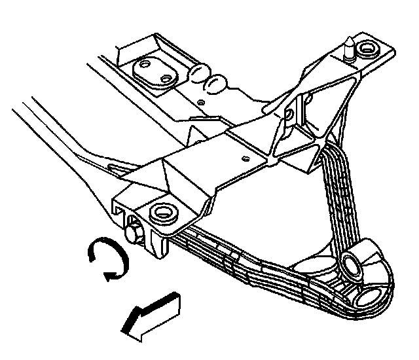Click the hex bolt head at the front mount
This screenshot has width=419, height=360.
click(x=134, y=232)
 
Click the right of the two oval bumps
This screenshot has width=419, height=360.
click(x=216, y=82)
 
